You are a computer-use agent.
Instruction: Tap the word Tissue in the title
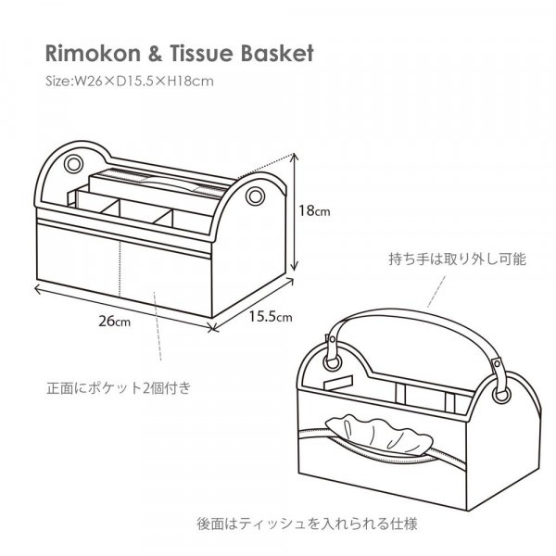[x=194, y=53]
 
